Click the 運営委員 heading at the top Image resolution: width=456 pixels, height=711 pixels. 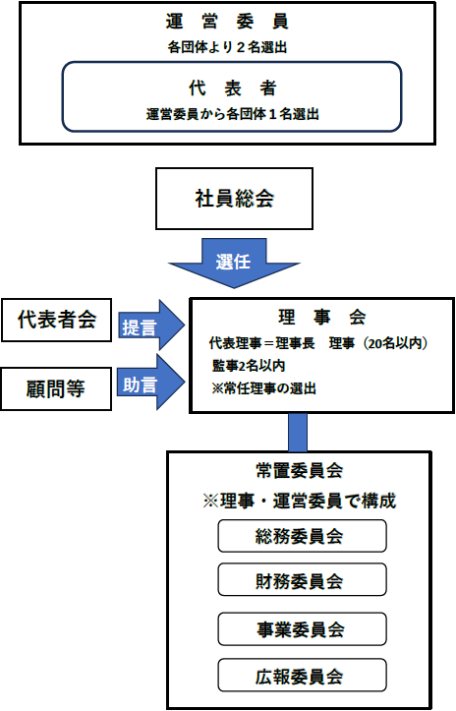(x=227, y=22)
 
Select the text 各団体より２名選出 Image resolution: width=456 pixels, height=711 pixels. (x=227, y=47)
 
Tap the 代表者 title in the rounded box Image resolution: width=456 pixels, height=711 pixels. (x=233, y=88)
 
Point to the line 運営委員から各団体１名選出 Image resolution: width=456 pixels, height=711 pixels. (x=233, y=114)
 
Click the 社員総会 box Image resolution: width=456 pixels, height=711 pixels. (x=234, y=199)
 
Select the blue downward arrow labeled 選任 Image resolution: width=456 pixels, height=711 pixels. (x=234, y=263)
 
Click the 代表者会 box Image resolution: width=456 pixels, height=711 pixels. (x=57, y=320)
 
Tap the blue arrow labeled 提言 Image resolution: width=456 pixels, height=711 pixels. (x=151, y=326)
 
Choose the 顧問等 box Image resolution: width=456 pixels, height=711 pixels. (x=56, y=388)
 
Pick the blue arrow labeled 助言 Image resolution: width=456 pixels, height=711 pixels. (x=151, y=383)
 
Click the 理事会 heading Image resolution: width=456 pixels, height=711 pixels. (x=321, y=317)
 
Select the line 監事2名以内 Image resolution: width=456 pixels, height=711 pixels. (x=249, y=366)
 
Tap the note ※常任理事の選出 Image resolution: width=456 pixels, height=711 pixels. (x=263, y=388)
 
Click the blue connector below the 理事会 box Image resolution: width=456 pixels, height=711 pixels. (x=298, y=432)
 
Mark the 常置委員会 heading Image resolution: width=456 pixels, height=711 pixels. (x=299, y=471)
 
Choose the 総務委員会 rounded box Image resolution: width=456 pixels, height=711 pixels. (x=303, y=536)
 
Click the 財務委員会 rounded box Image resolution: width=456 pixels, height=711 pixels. (x=303, y=579)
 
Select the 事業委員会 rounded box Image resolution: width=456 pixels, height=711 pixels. (x=303, y=629)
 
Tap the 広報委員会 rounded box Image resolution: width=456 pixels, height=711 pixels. (x=303, y=676)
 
